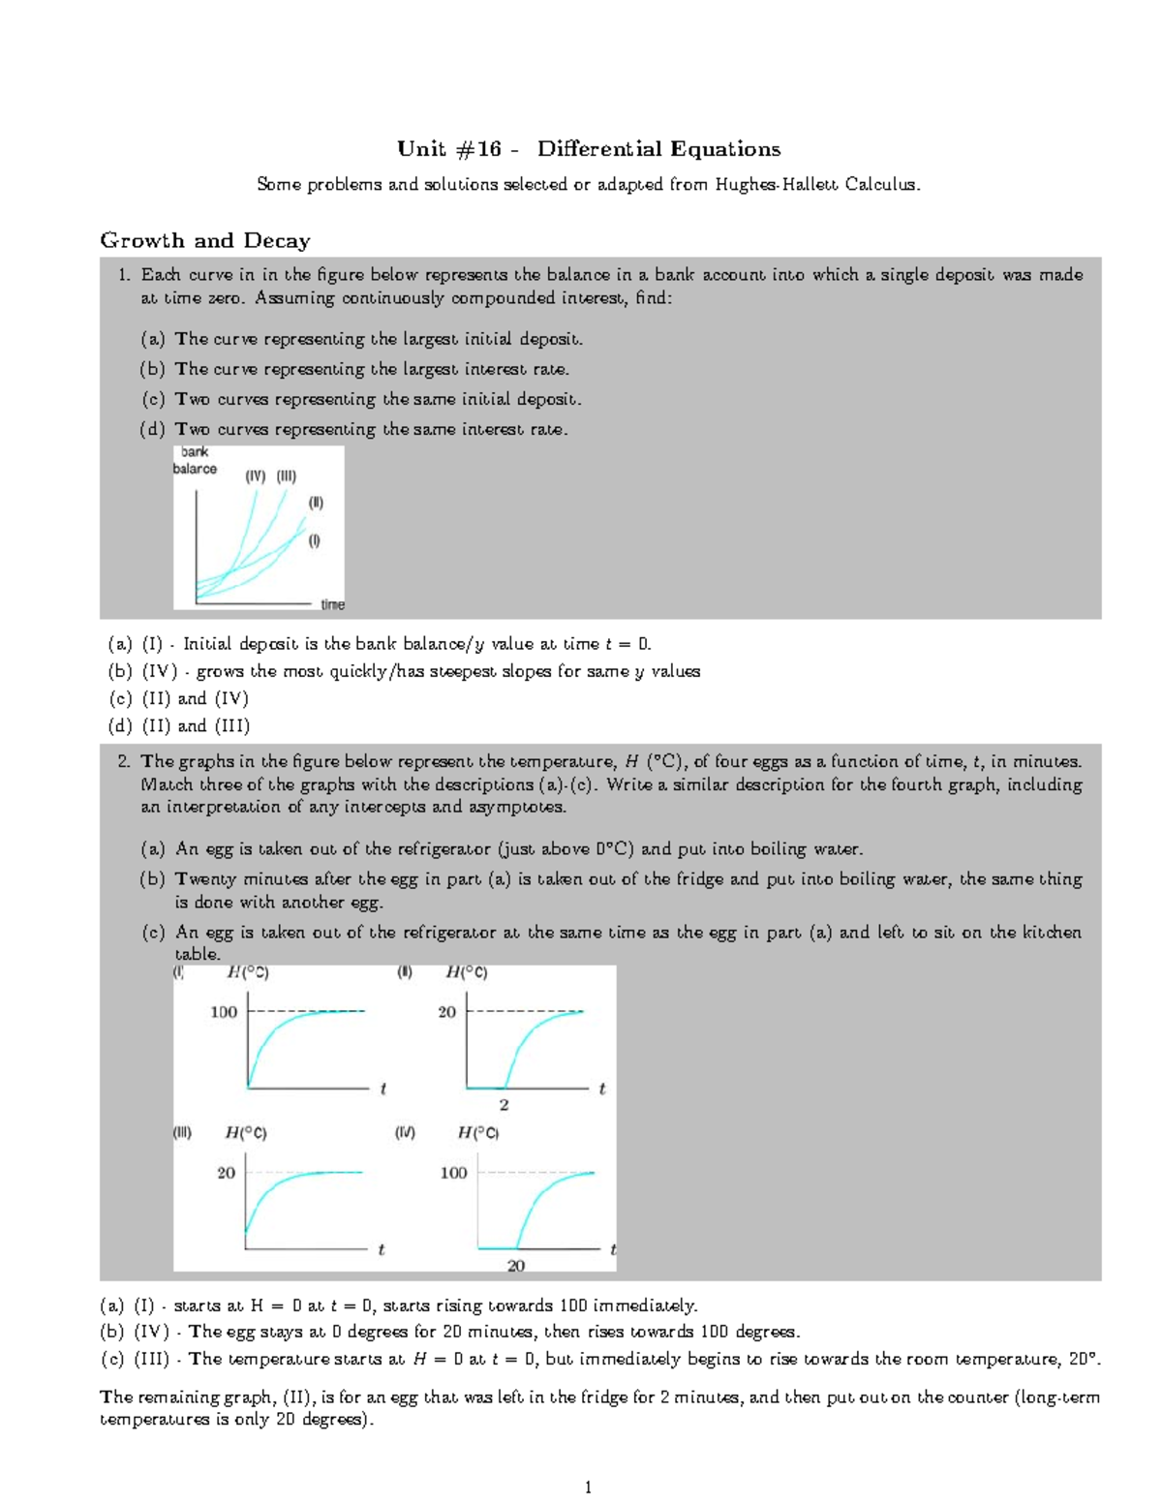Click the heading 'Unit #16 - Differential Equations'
tap(589, 149)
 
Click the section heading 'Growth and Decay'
tap(205, 241)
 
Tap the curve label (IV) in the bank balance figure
tap(255, 476)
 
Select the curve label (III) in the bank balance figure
tap(287, 476)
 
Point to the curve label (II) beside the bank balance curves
tap(316, 503)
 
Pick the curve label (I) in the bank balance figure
tap(314, 540)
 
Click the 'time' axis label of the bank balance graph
tap(332, 604)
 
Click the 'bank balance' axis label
tap(195, 460)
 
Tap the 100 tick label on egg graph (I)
tap(224, 1012)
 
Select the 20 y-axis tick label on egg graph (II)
tap(446, 1012)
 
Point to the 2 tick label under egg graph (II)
tap(504, 1105)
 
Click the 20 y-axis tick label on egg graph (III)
tap(226, 1173)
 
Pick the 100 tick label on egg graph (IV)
tap(453, 1173)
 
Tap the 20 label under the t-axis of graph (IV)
tap(516, 1266)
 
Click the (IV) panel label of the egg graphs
tap(405, 1132)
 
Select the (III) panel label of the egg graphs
tap(182, 1132)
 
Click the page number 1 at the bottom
tap(588, 1488)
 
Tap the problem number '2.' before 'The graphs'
tap(124, 761)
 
